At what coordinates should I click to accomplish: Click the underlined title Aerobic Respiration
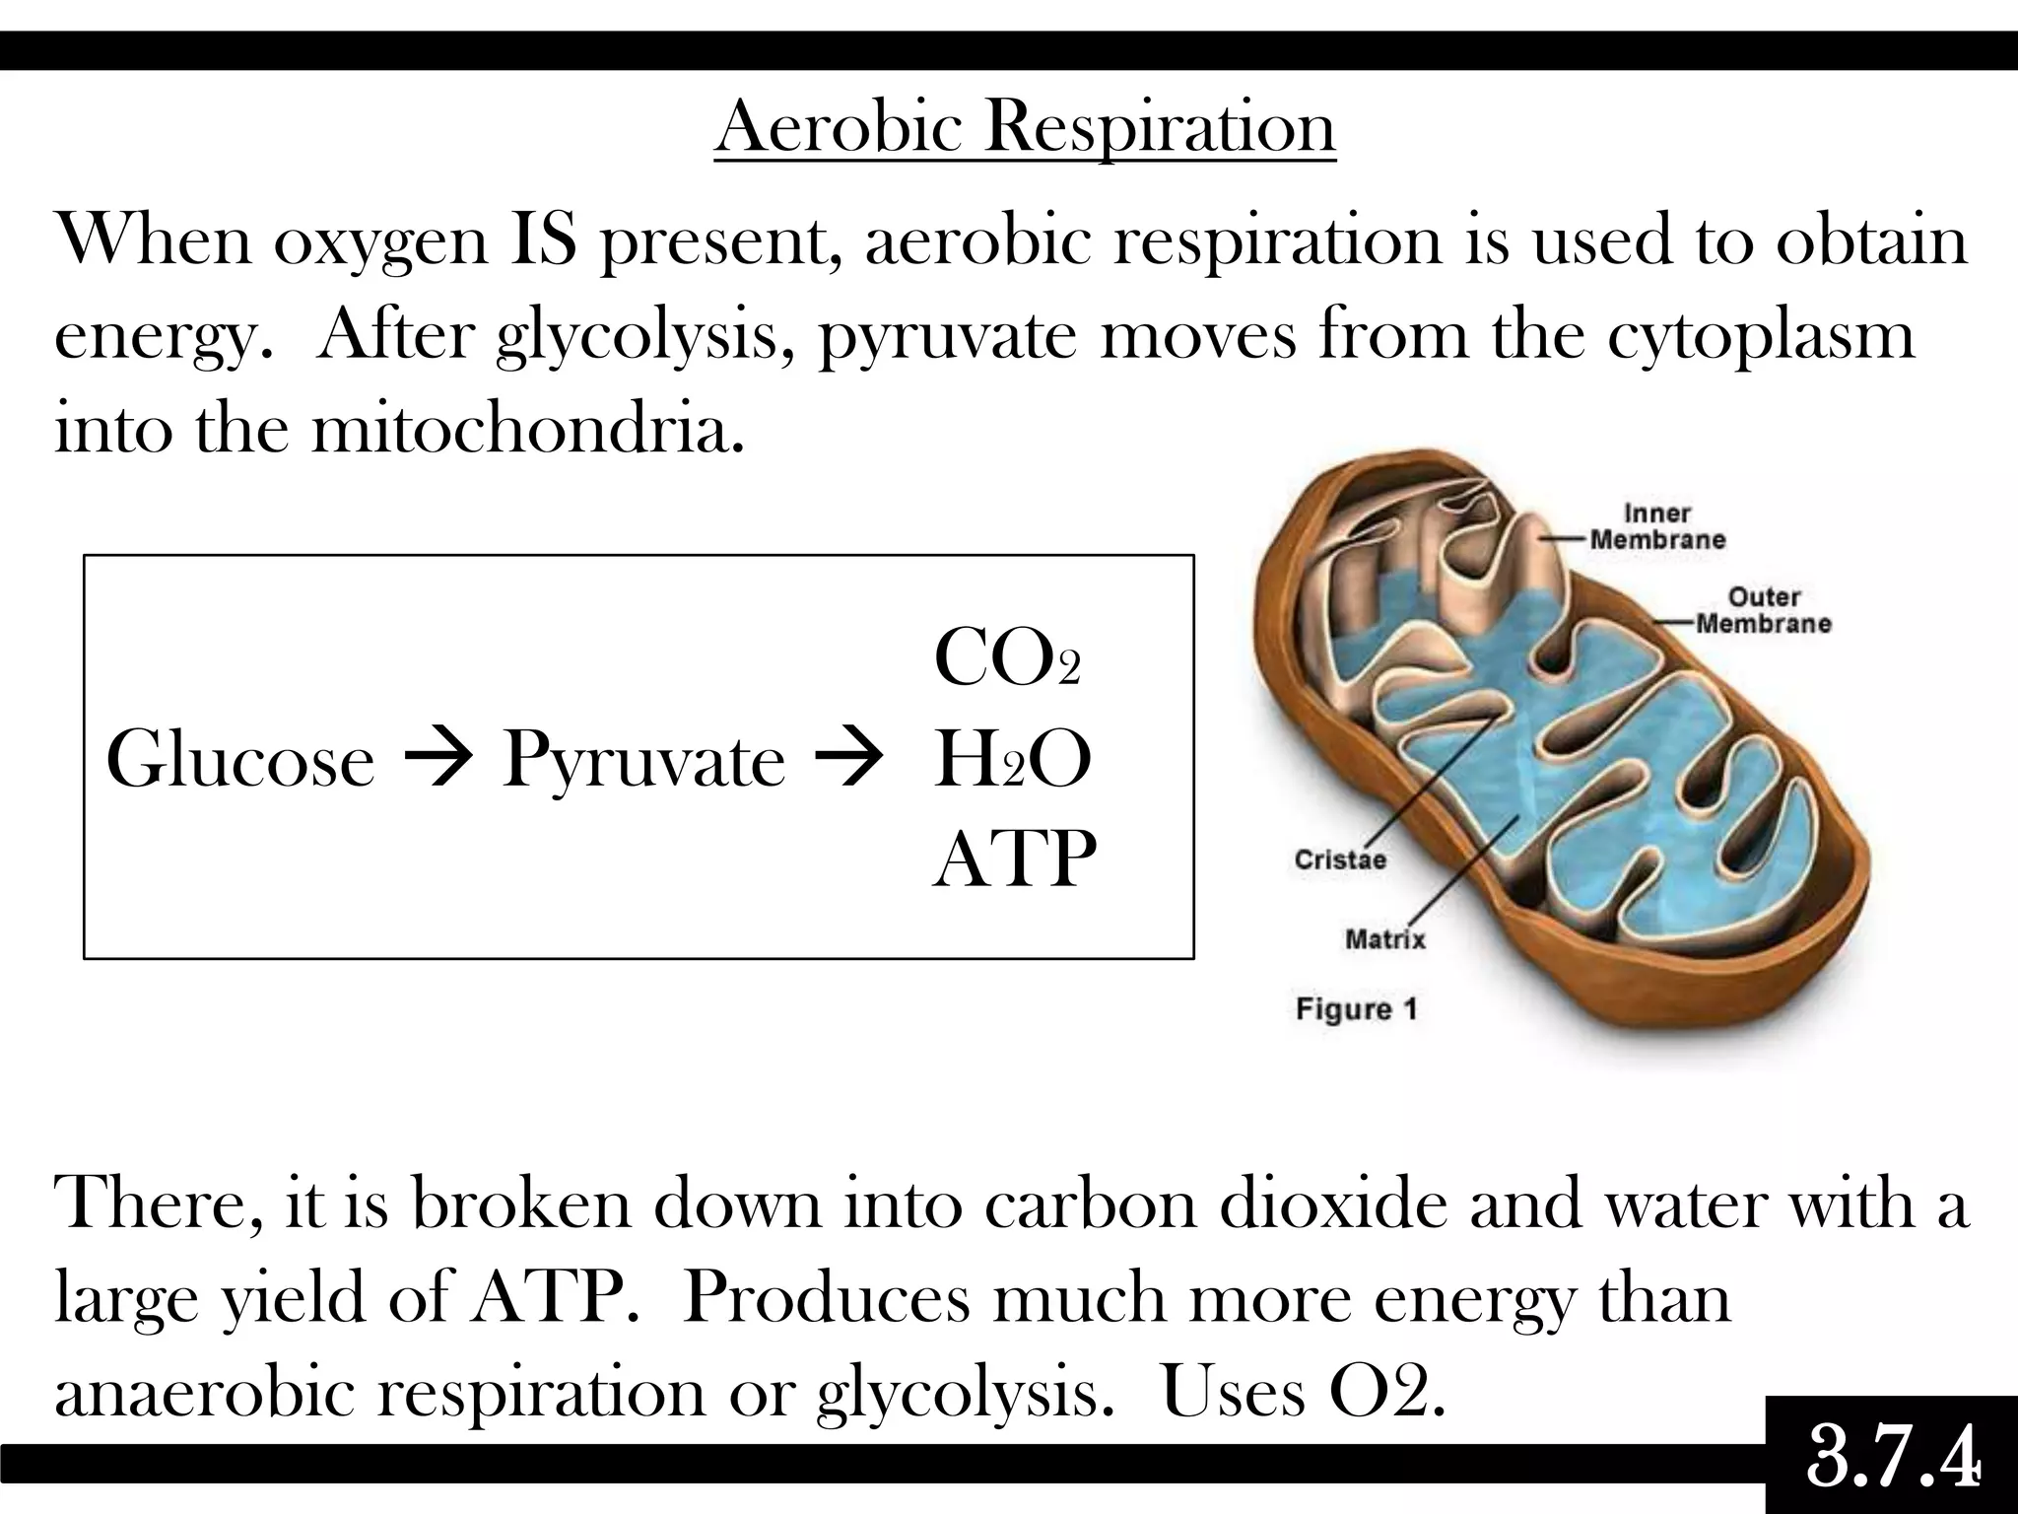(x=1025, y=127)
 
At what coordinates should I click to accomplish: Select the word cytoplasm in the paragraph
(x=1762, y=335)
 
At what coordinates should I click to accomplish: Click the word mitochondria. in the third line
(x=527, y=430)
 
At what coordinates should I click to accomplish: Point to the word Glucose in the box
(x=240, y=761)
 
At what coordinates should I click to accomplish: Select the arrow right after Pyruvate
(x=843, y=761)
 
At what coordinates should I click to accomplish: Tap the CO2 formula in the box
(x=1006, y=659)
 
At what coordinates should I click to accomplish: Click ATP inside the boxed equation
(x=1014, y=859)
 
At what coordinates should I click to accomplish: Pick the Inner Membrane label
(x=1657, y=526)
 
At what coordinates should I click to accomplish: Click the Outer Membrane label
(x=1763, y=610)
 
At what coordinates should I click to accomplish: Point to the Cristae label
(x=1340, y=860)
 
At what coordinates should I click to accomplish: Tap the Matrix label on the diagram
(x=1385, y=939)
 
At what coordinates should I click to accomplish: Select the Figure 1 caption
(x=1356, y=1009)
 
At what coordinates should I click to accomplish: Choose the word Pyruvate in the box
(x=643, y=761)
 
